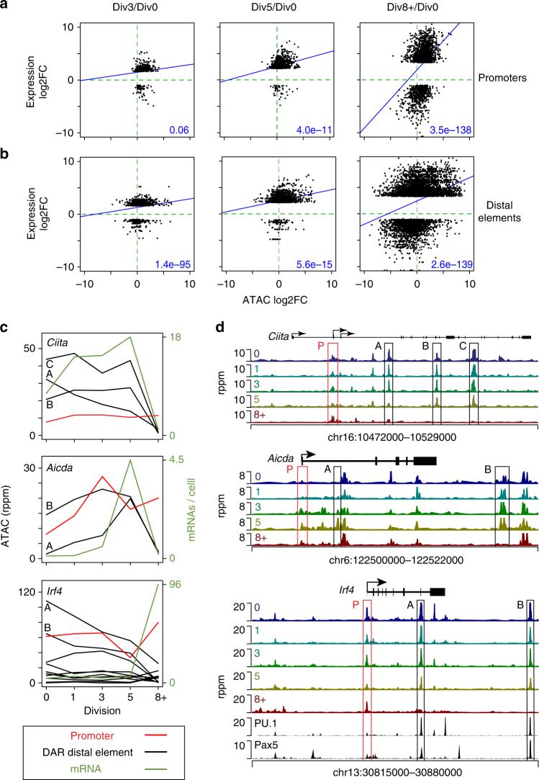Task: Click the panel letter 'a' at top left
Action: click(x=5, y=6)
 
